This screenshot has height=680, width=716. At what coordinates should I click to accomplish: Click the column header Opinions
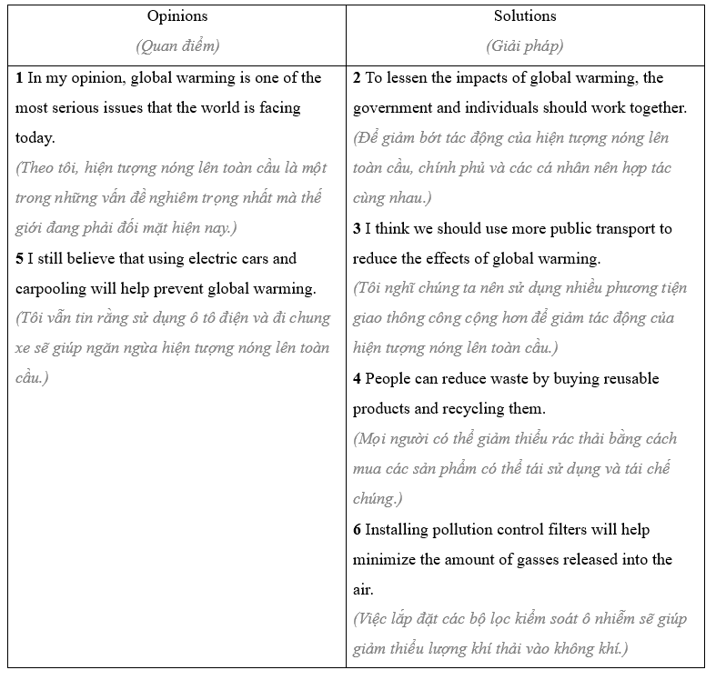pos(177,16)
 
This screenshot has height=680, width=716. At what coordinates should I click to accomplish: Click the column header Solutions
pos(525,16)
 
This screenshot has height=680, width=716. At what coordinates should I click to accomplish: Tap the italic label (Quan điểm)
pos(177,45)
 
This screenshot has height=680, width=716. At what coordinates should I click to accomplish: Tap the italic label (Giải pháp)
pos(525,45)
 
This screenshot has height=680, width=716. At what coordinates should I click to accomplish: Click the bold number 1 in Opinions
pos(20,78)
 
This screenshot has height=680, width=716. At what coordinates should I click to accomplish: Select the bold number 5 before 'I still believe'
pos(20,259)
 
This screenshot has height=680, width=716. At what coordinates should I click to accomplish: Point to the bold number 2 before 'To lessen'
pos(358,78)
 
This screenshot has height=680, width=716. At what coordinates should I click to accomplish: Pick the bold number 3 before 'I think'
pos(358,229)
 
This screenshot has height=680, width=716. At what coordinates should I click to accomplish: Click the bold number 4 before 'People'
pos(358,379)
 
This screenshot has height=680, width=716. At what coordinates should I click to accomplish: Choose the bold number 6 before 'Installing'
pos(358,530)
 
